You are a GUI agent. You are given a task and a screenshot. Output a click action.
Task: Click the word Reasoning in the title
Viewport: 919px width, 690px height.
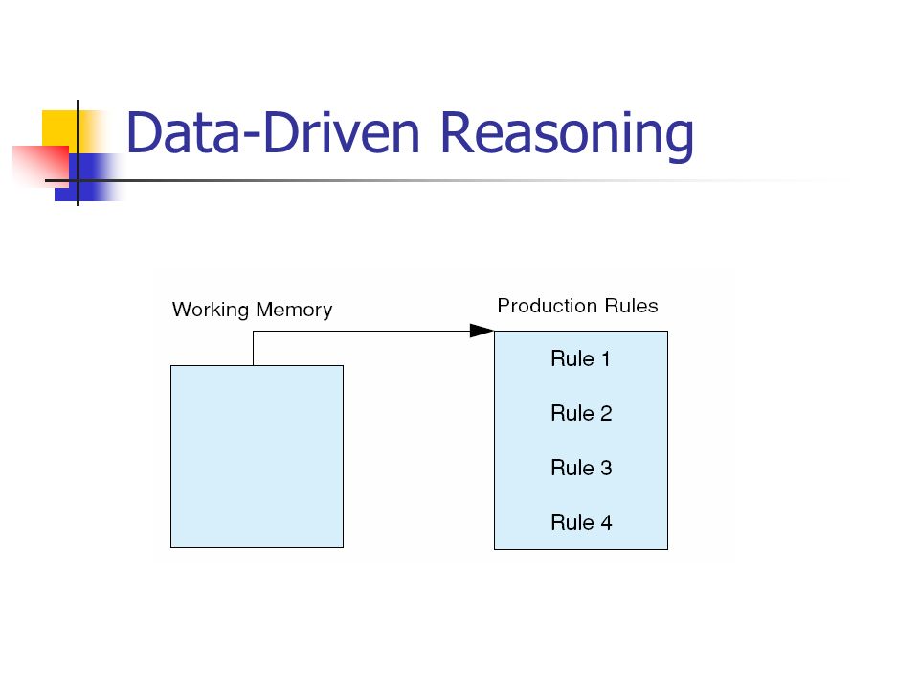coord(567,136)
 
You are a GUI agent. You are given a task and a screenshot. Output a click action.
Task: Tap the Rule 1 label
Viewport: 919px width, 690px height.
coord(581,358)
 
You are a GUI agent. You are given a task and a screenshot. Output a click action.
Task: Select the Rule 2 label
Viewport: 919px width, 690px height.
coord(581,413)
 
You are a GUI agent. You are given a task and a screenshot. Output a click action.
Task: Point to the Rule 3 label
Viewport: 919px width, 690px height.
coord(581,468)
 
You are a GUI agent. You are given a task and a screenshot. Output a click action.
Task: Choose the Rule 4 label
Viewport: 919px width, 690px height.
coord(581,522)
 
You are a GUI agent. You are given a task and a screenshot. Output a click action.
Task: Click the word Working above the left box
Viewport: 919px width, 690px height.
coord(211,310)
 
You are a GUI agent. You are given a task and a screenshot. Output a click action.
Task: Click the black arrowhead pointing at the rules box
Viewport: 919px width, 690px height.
coord(482,331)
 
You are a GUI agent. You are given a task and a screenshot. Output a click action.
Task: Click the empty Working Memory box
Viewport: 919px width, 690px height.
coord(257,456)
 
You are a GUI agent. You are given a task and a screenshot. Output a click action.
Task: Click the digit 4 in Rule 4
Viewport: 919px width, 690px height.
coord(606,522)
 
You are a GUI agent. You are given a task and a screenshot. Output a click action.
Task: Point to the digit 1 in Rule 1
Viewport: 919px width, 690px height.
coord(606,358)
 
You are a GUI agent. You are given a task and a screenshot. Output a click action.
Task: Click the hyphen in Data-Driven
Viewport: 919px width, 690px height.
coord(251,138)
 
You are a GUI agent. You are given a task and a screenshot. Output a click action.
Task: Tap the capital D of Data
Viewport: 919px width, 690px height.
coord(145,132)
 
